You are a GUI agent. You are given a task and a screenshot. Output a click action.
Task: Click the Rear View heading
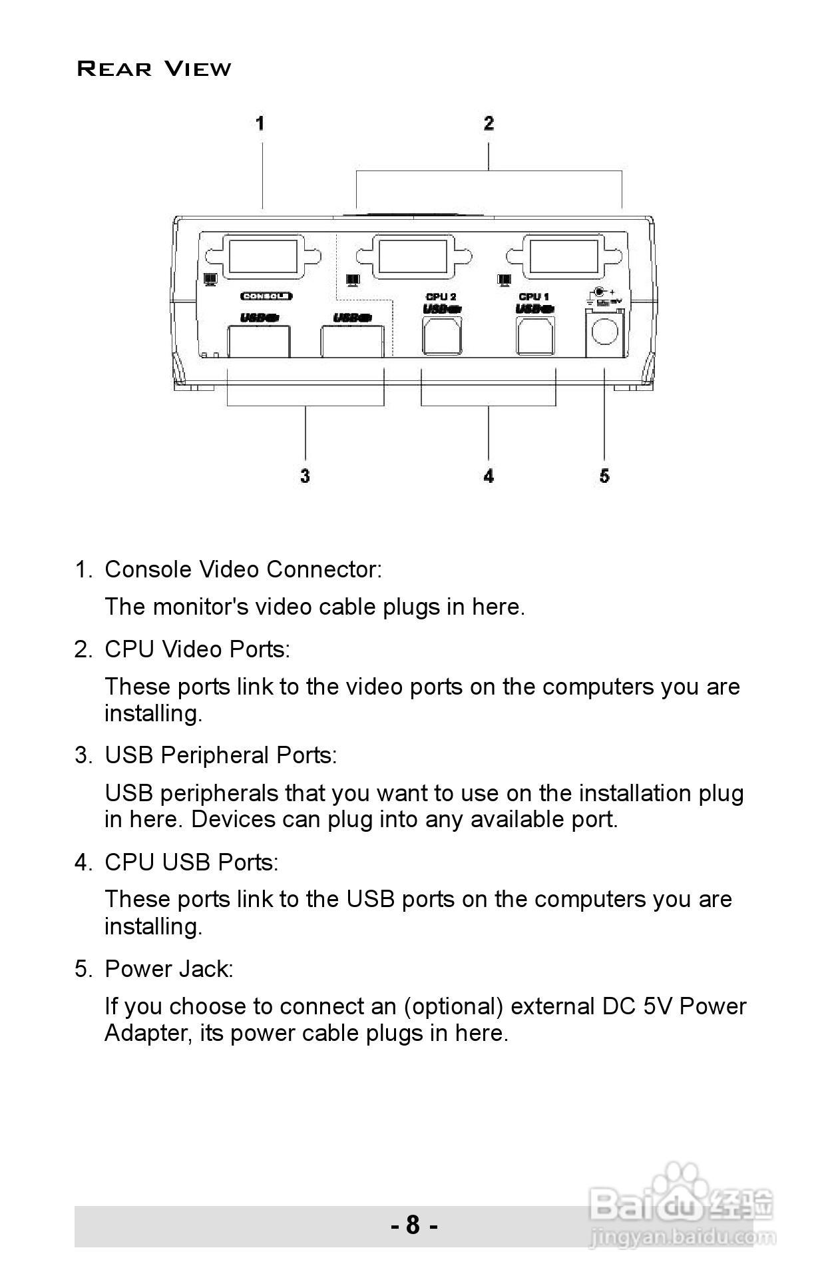[x=154, y=69]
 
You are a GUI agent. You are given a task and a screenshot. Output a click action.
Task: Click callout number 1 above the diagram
[x=260, y=123]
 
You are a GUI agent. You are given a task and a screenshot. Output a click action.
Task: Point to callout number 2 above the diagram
[x=489, y=123]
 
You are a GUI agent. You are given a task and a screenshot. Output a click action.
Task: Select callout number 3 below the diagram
[x=305, y=476]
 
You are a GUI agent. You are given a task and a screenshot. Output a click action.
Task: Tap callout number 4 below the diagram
[x=489, y=476]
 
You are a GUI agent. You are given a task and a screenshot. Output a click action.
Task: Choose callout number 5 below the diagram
[x=604, y=476]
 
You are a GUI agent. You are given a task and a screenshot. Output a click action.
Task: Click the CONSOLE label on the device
[x=266, y=296]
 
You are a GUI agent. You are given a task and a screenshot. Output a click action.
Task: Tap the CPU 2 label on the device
[x=441, y=296]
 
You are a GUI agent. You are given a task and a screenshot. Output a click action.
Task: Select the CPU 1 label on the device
[x=534, y=296]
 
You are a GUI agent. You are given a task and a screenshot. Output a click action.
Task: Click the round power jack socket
[x=604, y=331]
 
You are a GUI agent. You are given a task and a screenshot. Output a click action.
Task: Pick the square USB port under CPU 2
[x=442, y=335]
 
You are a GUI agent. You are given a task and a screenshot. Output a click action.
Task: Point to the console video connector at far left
[x=263, y=258]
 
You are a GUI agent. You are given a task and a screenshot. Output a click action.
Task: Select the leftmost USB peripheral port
[x=258, y=342]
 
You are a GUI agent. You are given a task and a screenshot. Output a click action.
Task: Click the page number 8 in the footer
[x=413, y=1225]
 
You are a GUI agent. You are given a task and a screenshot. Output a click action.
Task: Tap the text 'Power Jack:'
[x=169, y=969]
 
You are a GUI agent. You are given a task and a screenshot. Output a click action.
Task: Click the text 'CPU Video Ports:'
[x=198, y=649]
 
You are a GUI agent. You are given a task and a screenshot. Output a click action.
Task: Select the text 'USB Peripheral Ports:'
[x=221, y=755]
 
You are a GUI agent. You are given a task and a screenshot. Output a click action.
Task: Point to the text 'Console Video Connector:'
[x=244, y=569]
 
